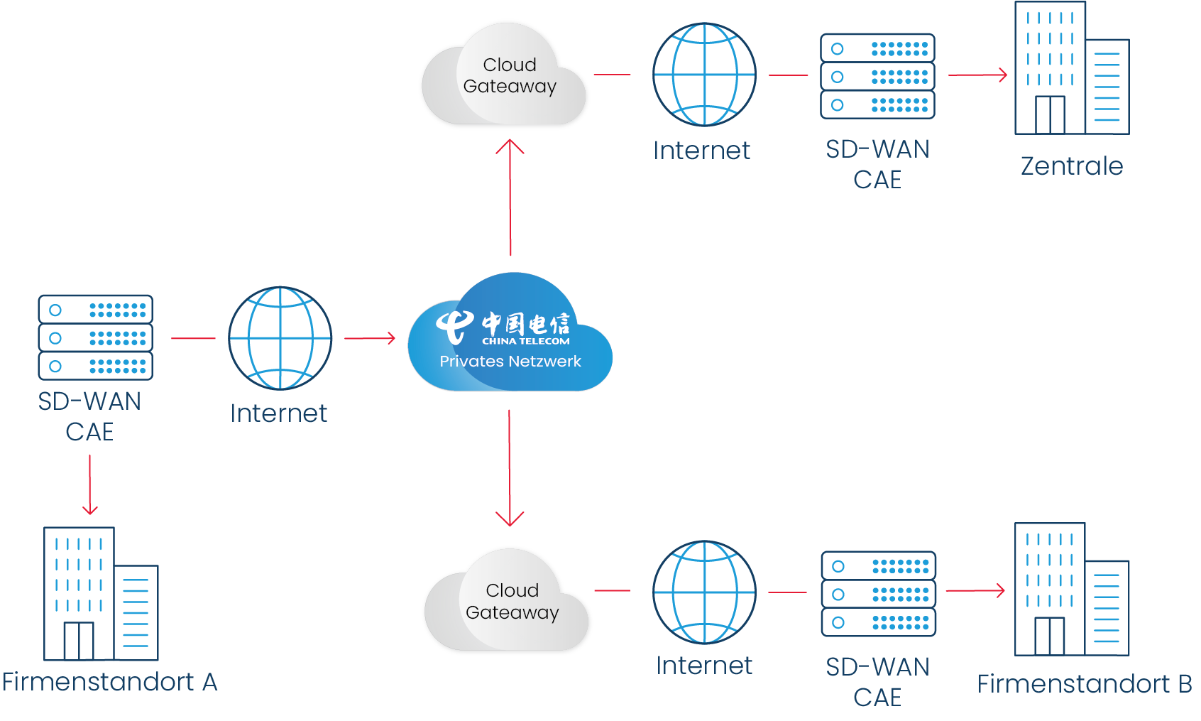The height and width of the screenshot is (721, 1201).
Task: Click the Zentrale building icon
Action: tap(1070, 70)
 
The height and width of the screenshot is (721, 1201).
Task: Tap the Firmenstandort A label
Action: tap(109, 682)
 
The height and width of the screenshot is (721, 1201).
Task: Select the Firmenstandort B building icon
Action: tap(1070, 590)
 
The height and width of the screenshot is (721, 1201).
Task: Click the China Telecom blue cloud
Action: tap(510, 334)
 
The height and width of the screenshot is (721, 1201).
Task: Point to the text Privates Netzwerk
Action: tap(510, 361)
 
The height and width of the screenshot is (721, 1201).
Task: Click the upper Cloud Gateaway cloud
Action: tap(505, 76)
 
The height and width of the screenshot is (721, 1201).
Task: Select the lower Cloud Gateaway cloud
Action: tap(508, 602)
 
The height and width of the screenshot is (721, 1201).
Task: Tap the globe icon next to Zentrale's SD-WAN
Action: tap(704, 75)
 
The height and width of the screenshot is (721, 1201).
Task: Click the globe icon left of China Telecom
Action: tap(280, 338)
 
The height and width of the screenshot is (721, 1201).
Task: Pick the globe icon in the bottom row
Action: tap(704, 592)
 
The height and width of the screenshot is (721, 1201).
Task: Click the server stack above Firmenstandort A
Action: tap(95, 337)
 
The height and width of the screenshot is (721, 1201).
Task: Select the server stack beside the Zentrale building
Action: tap(877, 76)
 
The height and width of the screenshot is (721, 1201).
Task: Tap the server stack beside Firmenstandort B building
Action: tap(878, 594)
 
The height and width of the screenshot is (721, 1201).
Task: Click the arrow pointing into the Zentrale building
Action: tap(978, 75)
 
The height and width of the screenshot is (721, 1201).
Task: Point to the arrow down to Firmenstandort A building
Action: tap(89, 484)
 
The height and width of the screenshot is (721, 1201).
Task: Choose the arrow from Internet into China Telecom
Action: tap(370, 338)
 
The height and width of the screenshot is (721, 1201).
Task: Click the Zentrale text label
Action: tap(1071, 166)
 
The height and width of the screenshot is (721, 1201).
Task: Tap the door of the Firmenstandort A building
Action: tap(78, 641)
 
